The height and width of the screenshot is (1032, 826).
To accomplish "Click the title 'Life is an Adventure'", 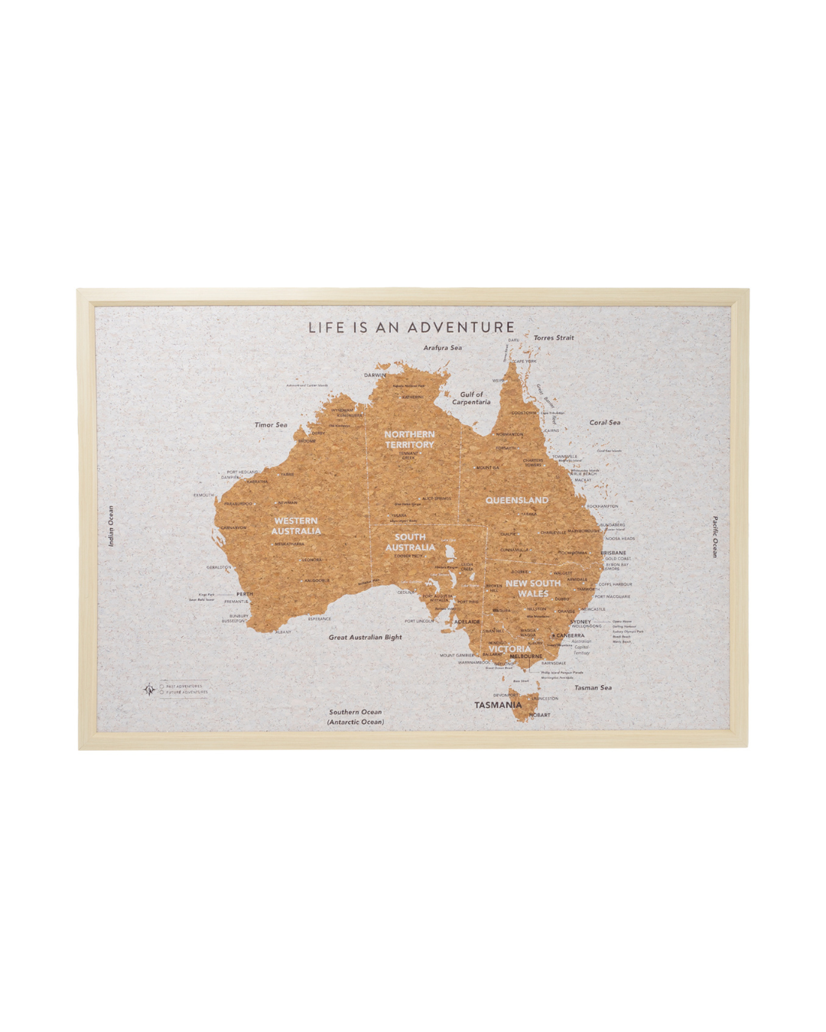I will coord(411,327).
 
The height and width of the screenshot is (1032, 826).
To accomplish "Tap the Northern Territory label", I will coord(409,440).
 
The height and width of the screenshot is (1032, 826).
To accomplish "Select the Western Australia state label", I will coord(296,526).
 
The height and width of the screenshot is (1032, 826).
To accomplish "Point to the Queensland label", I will coord(517,500).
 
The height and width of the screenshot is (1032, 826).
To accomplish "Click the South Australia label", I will coord(410,542).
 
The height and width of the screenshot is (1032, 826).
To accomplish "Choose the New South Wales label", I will coord(533,588).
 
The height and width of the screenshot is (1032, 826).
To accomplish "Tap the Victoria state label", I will coord(509,649).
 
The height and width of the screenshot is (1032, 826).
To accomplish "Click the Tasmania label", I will coord(498,705).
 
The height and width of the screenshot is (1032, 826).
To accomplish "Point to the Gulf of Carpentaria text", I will coord(471,398).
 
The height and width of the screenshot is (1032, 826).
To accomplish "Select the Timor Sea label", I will coord(271,425).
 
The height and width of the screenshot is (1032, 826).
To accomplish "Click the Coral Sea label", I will coord(604,422).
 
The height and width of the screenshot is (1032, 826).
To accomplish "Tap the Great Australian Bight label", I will coord(365,637).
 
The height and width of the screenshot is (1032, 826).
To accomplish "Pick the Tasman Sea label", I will coord(593,688).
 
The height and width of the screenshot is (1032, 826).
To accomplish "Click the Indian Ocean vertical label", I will coord(111,526).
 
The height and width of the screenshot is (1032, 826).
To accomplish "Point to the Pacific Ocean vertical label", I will coord(715,537).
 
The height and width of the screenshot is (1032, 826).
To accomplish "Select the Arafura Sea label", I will coord(443,348).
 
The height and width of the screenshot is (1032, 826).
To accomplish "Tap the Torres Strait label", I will coord(554,338).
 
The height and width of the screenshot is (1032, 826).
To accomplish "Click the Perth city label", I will coord(244,594).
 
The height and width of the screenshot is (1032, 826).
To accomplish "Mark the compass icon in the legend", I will coord(149,690).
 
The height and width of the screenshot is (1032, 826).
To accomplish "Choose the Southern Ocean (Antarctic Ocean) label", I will coord(356,716).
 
